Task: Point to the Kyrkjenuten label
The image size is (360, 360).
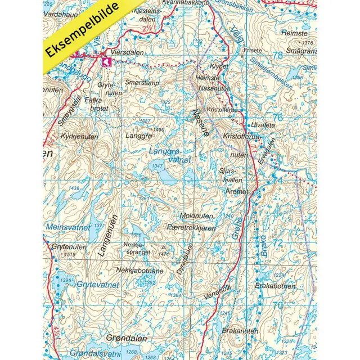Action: click(79, 137)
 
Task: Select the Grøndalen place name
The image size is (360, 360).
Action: click(127, 339)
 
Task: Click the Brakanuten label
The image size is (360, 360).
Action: click(240, 331)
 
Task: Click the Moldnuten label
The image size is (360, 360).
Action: click(196, 216)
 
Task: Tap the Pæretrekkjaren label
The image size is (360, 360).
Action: click(191, 228)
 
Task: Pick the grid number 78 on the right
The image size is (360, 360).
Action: click(277, 55)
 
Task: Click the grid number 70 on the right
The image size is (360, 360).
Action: click(277, 305)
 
